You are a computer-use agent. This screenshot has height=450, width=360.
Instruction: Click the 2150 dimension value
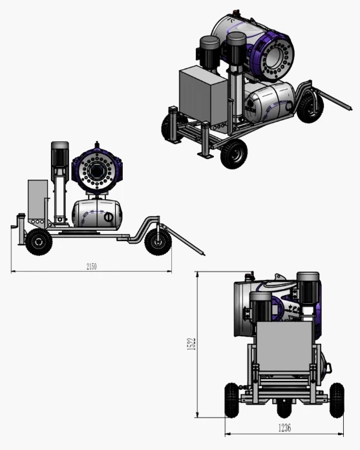click(x=92, y=266)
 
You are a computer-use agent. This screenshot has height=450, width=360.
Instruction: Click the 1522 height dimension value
click(x=191, y=344)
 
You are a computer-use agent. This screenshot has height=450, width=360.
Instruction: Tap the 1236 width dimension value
click(x=284, y=428)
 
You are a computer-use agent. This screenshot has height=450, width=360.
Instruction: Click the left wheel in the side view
click(x=39, y=242)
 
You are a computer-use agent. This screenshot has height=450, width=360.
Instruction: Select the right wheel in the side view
click(x=158, y=242)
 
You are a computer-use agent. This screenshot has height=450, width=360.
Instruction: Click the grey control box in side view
click(x=38, y=199)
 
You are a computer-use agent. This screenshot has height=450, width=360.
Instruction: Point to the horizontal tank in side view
click(x=97, y=213)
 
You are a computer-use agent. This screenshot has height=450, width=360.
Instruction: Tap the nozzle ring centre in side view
click(x=97, y=171)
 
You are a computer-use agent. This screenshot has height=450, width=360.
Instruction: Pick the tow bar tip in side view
click(x=204, y=254)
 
